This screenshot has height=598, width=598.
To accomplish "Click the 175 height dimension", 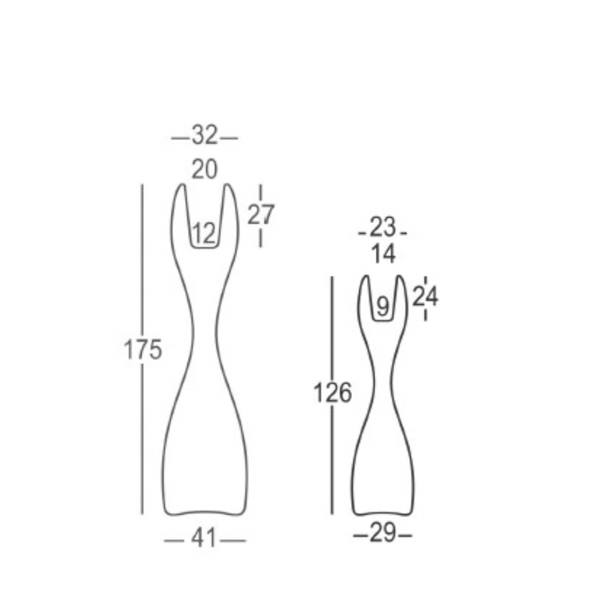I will pyautogui.click(x=143, y=349).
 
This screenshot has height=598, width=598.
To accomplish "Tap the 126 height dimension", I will pyautogui.click(x=332, y=393).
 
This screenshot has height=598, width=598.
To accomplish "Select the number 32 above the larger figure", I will pyautogui.click(x=204, y=136).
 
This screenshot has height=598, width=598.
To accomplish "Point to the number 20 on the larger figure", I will pyautogui.click(x=204, y=169).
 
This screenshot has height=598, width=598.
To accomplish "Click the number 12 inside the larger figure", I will pyautogui.click(x=204, y=232).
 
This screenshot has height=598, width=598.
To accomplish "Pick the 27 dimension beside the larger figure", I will pyautogui.click(x=261, y=214).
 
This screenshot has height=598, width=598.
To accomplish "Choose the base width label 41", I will pyautogui.click(x=204, y=539).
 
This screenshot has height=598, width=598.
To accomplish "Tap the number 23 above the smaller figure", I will pyautogui.click(x=384, y=227).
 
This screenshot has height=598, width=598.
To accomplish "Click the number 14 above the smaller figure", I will pyautogui.click(x=384, y=254).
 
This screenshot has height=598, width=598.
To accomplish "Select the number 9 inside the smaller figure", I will pyautogui.click(x=382, y=305).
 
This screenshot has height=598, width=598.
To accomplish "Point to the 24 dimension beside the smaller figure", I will pyautogui.click(x=425, y=296).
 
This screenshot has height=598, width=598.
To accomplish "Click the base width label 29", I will pyautogui.click(x=383, y=535).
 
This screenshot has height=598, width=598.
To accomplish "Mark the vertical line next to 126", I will pyautogui.click(x=331, y=333).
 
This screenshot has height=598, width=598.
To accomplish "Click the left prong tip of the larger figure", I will pyautogui.click(x=181, y=185).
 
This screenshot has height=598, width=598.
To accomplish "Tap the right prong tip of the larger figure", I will pyautogui.click(x=228, y=185).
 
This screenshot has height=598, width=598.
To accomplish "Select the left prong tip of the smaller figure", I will pyautogui.click(x=365, y=278).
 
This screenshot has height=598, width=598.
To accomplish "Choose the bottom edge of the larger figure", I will pyautogui.click(x=205, y=513).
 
